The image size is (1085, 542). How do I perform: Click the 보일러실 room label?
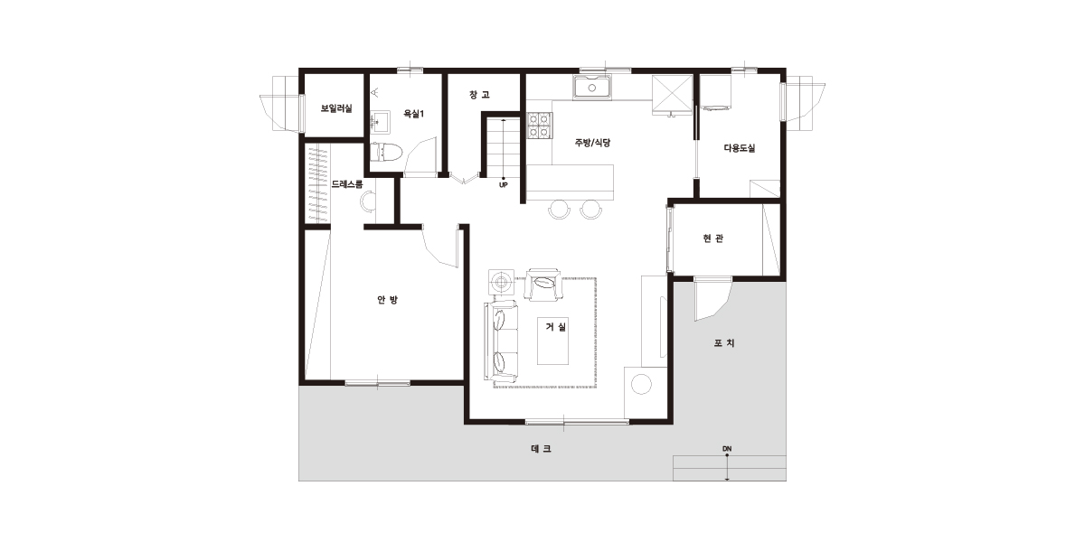pyautogui.click(x=336, y=108)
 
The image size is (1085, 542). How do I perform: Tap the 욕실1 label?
pyautogui.click(x=414, y=114)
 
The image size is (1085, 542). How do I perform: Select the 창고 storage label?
pyautogui.click(x=479, y=94)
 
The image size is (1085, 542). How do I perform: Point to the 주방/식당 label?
pyautogui.click(x=592, y=143)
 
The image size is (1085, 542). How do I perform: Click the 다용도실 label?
pyautogui.click(x=740, y=147)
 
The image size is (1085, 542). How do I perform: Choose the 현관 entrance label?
pyautogui.click(x=713, y=238)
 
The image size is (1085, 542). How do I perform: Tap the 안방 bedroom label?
pyautogui.click(x=388, y=300)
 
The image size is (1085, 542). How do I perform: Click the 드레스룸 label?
pyautogui.click(x=347, y=184)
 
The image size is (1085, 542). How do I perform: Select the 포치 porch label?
pyautogui.click(x=724, y=343)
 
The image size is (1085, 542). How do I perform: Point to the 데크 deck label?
pyautogui.click(x=541, y=449)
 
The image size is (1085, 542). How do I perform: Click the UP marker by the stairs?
pyautogui.click(x=504, y=185)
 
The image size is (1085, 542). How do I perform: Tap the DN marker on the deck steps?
pyautogui.click(x=727, y=449)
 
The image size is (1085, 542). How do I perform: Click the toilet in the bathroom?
pyautogui.click(x=386, y=152)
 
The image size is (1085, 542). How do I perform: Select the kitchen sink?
pyautogui.click(x=592, y=88)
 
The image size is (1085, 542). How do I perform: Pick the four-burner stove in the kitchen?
pyautogui.click(x=540, y=126)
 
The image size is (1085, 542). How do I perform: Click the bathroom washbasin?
pyautogui.click(x=380, y=122)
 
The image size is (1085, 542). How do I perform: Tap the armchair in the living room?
pyautogui.click(x=544, y=285)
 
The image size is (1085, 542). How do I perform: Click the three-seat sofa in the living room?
pyautogui.click(x=501, y=341)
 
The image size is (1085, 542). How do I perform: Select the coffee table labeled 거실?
pyautogui.click(x=552, y=341)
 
